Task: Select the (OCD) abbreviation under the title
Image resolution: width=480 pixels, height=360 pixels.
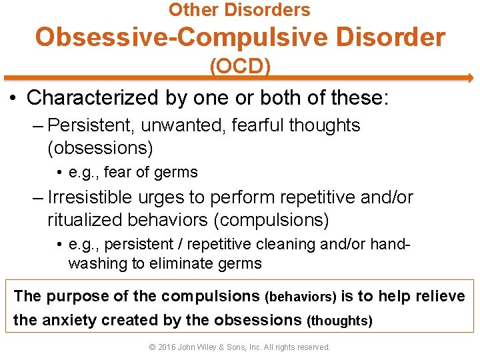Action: pos(239,67)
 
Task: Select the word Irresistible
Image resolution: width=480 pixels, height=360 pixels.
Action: pos(94,198)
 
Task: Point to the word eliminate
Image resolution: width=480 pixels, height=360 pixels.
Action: pos(177,263)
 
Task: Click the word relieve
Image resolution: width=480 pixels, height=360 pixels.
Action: pos(440,296)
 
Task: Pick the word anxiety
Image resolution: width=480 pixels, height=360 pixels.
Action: pos(69,320)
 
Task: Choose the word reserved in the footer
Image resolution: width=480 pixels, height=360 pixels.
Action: pos(311,347)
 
